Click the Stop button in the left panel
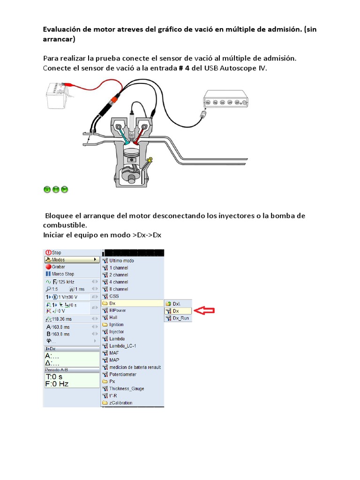[x=56, y=252]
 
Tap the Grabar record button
[x=59, y=266]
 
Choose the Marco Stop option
[x=62, y=274]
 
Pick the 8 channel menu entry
[x=118, y=289]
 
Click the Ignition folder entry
[x=116, y=324]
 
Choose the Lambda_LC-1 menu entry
[x=121, y=346]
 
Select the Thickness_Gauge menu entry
[x=126, y=389]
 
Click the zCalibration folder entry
[x=120, y=403]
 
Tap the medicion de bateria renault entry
[x=135, y=367]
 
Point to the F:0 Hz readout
[x=57, y=383]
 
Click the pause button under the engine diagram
[x=56, y=189]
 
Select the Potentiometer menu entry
[x=122, y=374]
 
